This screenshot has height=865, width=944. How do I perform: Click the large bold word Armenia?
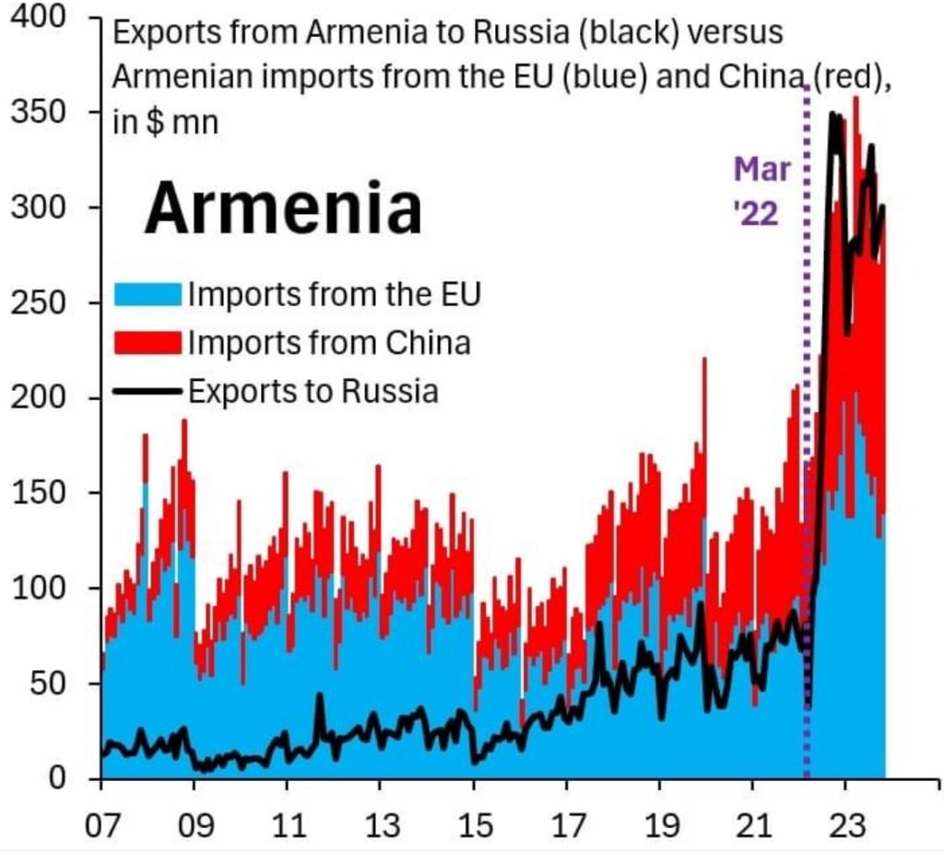[283, 207]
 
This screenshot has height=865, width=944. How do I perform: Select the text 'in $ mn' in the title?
[166, 123]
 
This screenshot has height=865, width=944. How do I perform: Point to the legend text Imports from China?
[329, 344]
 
